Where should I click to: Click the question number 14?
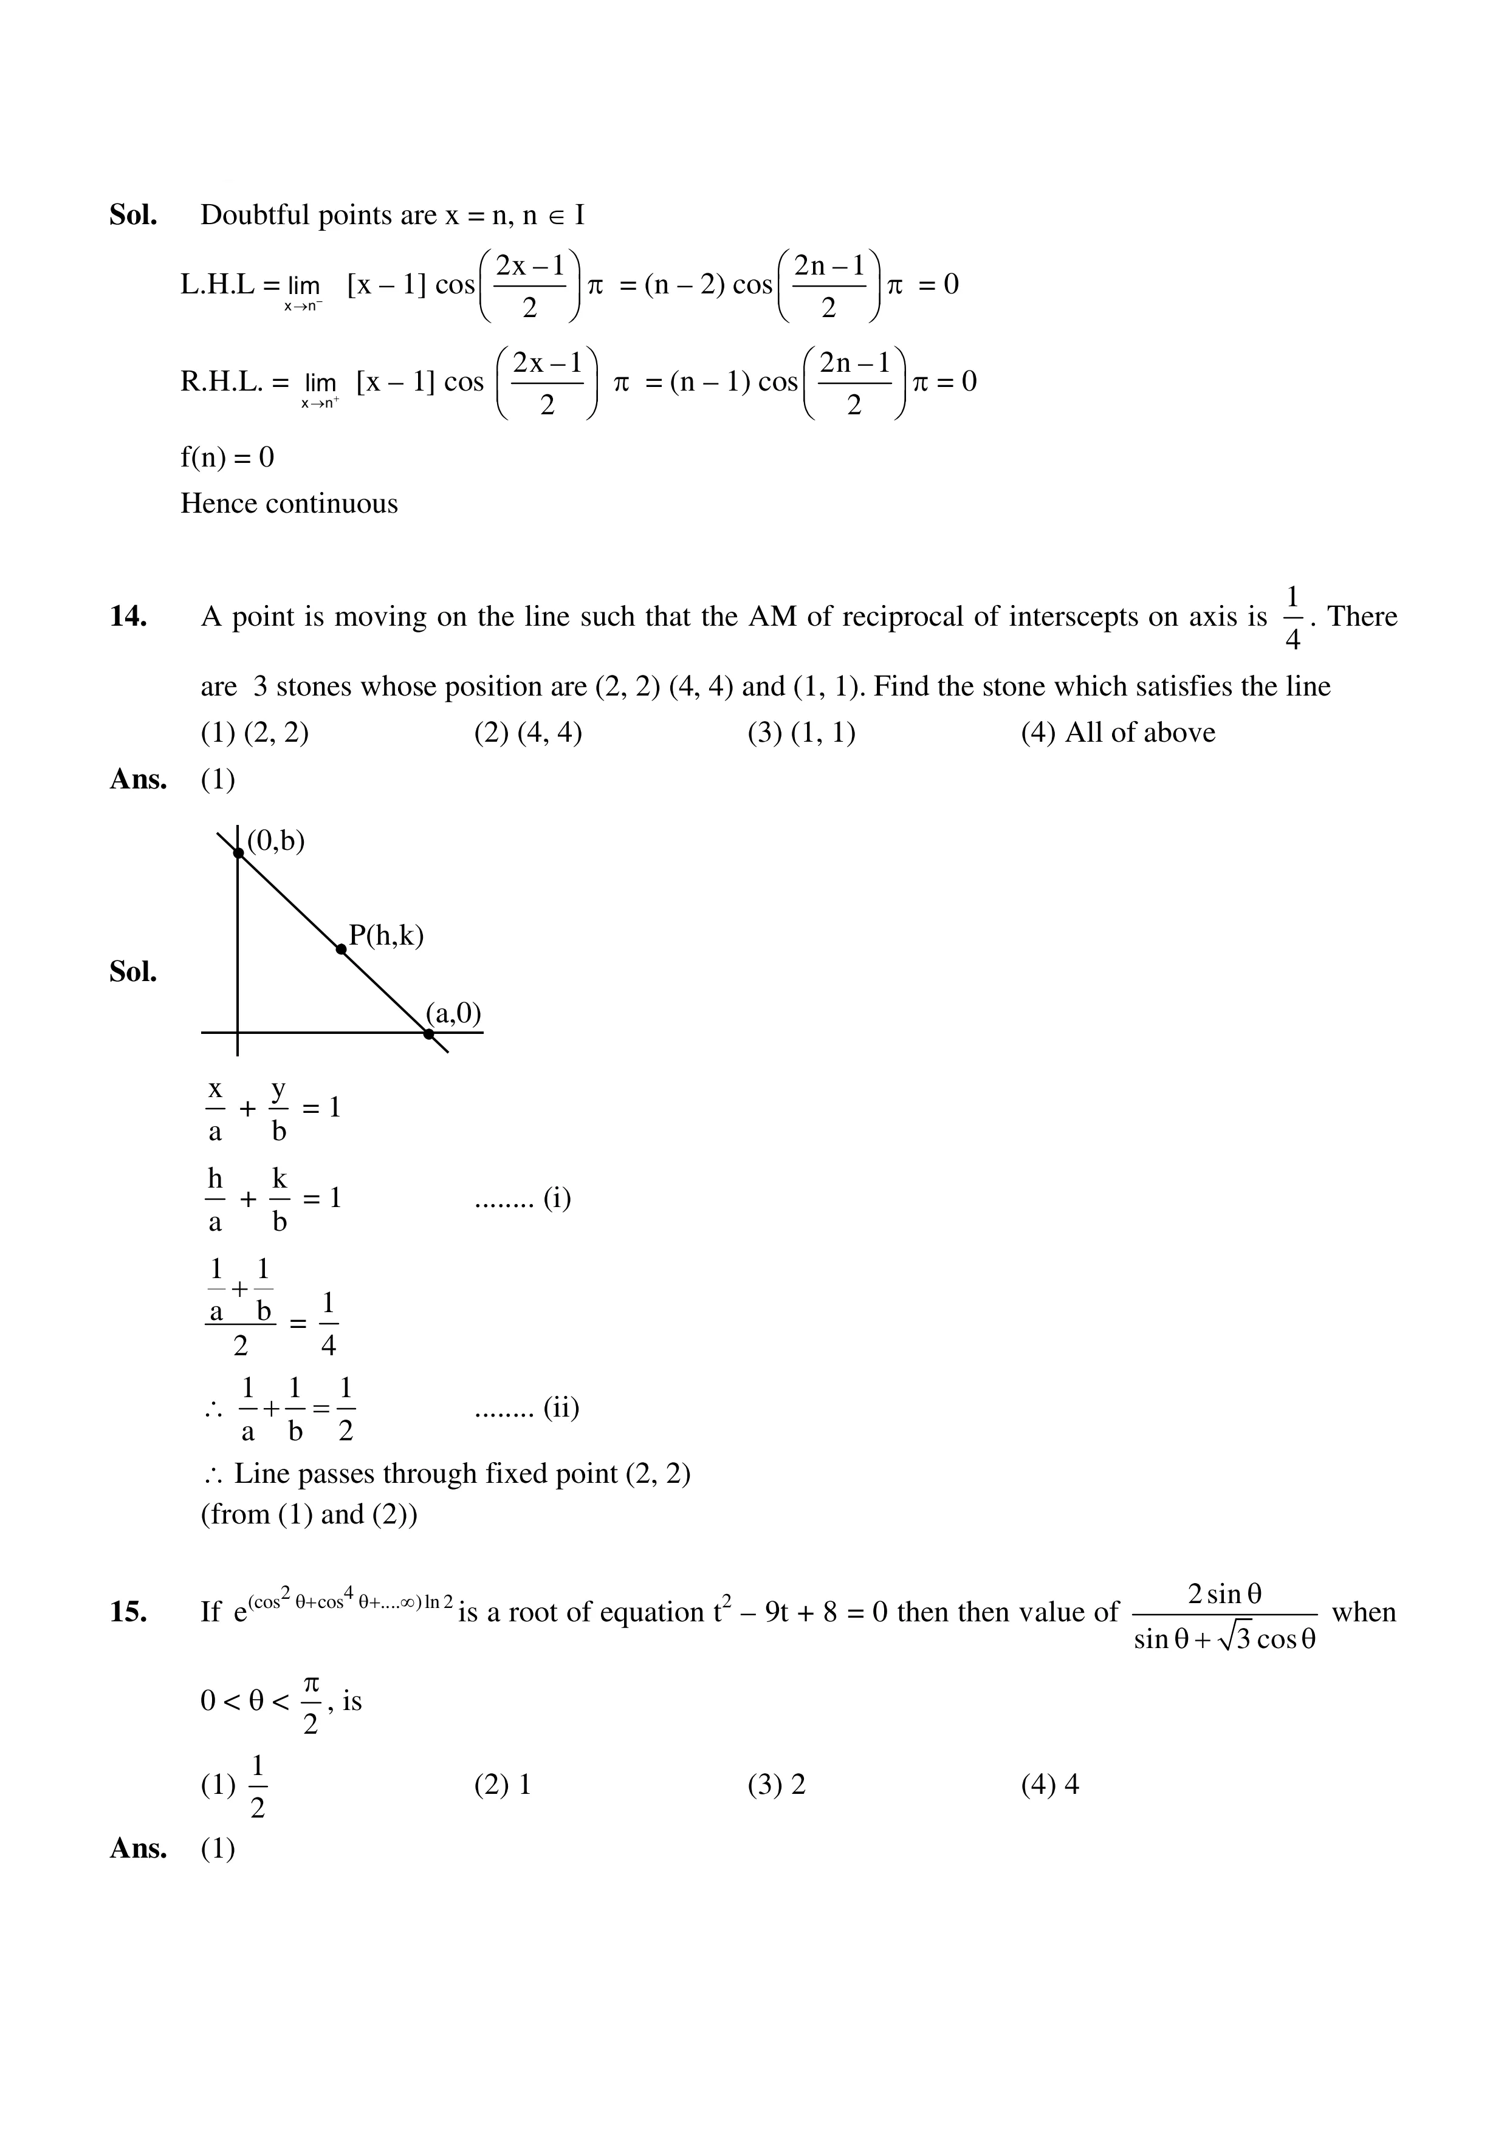[x=128, y=617]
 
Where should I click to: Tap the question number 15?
[x=128, y=1612]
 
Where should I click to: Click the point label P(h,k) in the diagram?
[x=386, y=935]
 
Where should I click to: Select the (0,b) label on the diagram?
[x=276, y=840]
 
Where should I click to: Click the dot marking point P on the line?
[x=342, y=948]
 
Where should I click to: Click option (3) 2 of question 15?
[x=776, y=1784]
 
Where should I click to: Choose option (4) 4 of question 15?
[x=1050, y=1784]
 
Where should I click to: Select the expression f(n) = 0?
[x=227, y=457]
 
